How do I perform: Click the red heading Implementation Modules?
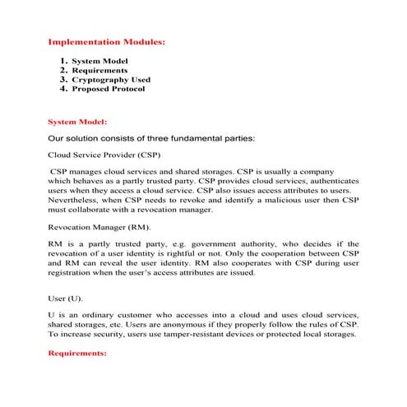coord(107,40)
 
